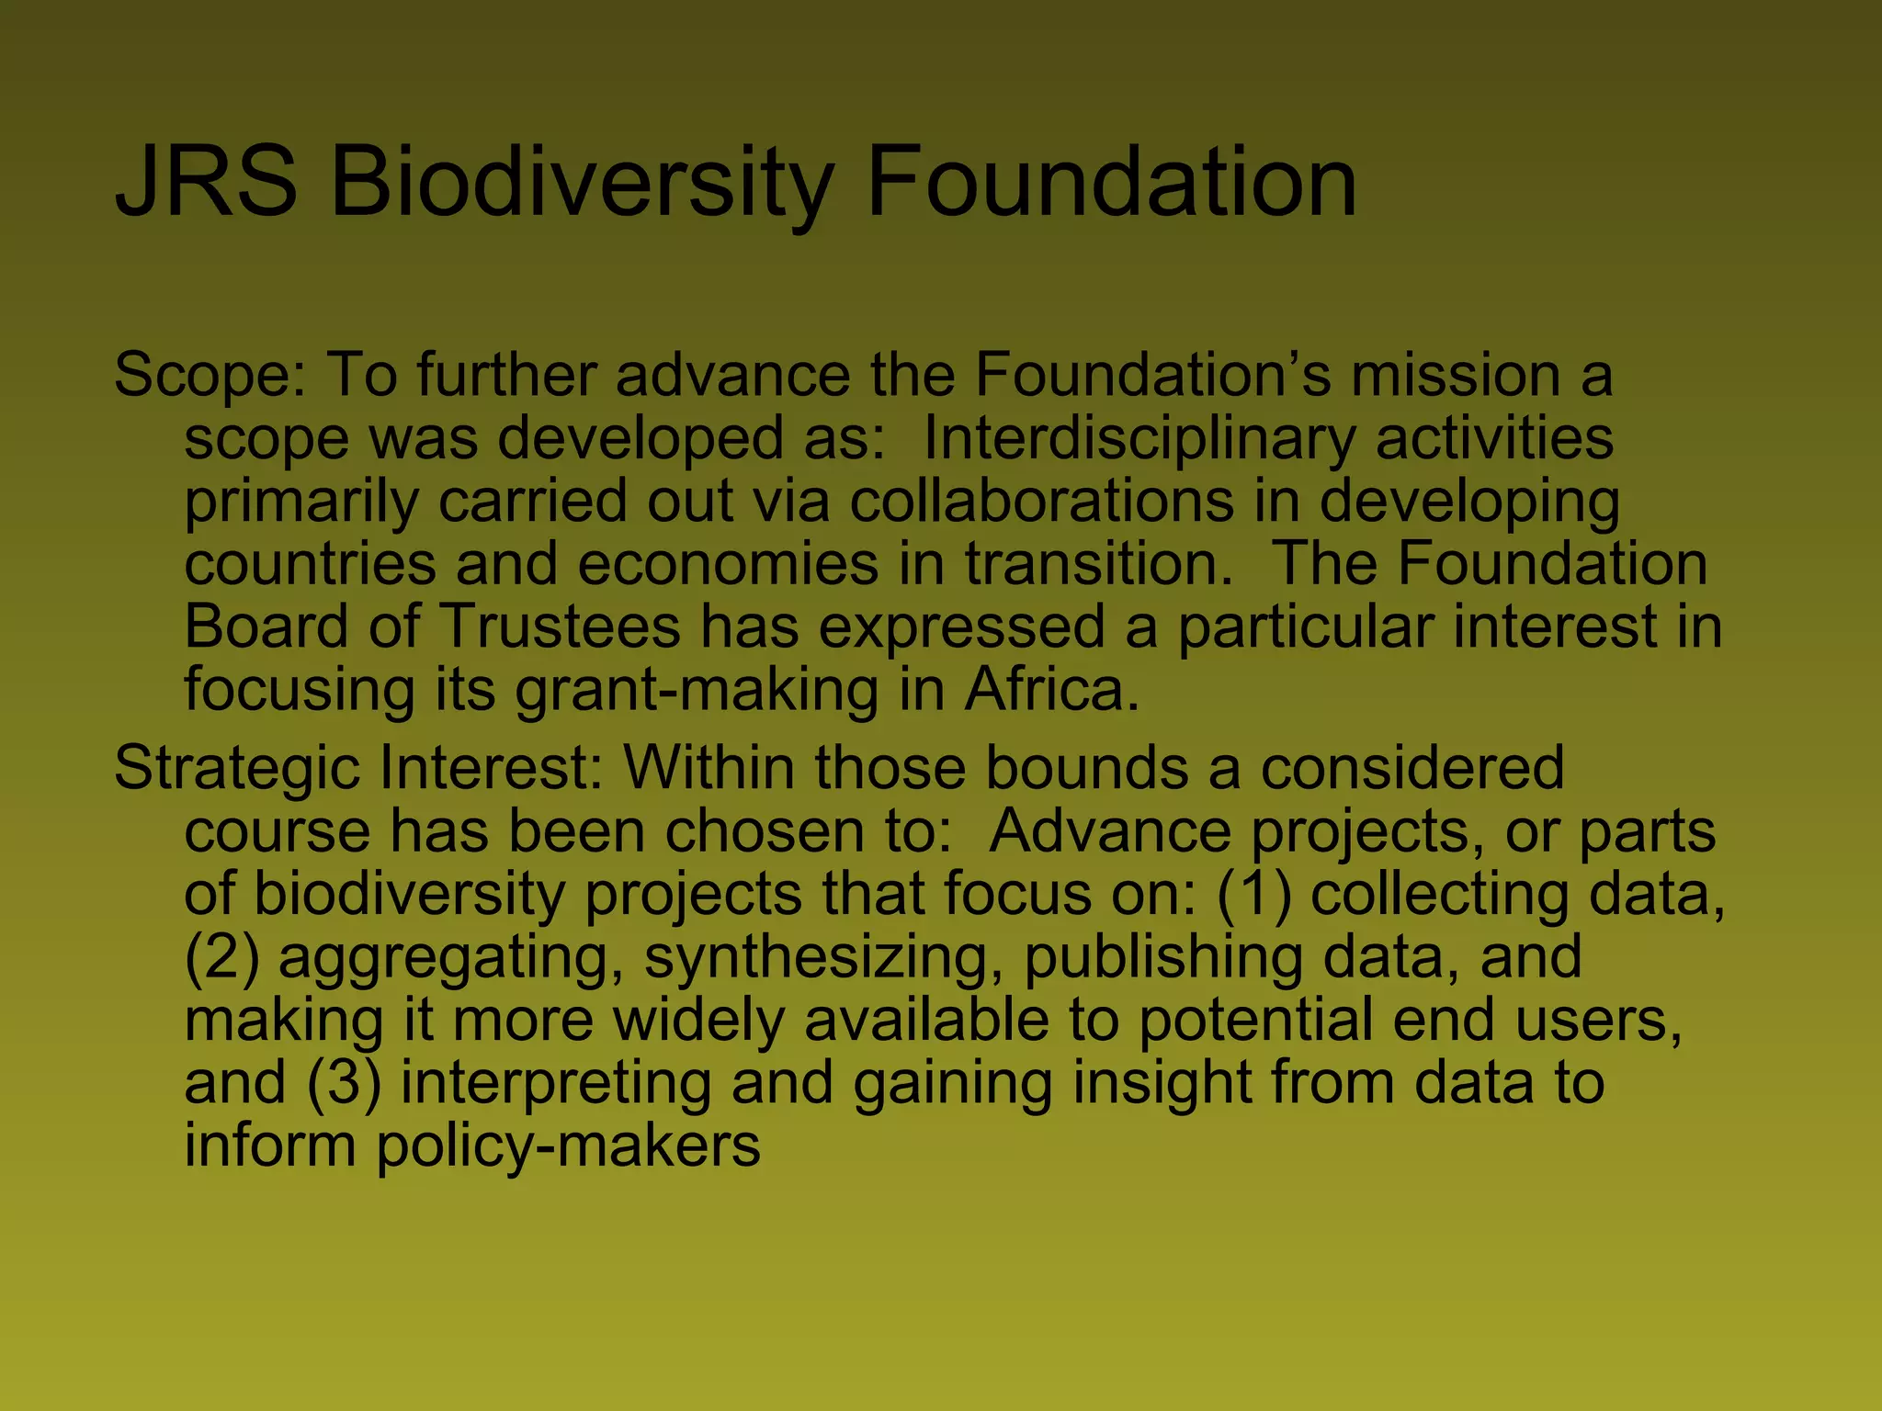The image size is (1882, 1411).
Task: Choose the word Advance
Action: click(1109, 830)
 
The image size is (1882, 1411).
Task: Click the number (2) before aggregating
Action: click(221, 956)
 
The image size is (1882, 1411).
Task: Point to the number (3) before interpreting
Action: click(344, 1082)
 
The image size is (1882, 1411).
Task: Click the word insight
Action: click(1162, 1082)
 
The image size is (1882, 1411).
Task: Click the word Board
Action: click(267, 626)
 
